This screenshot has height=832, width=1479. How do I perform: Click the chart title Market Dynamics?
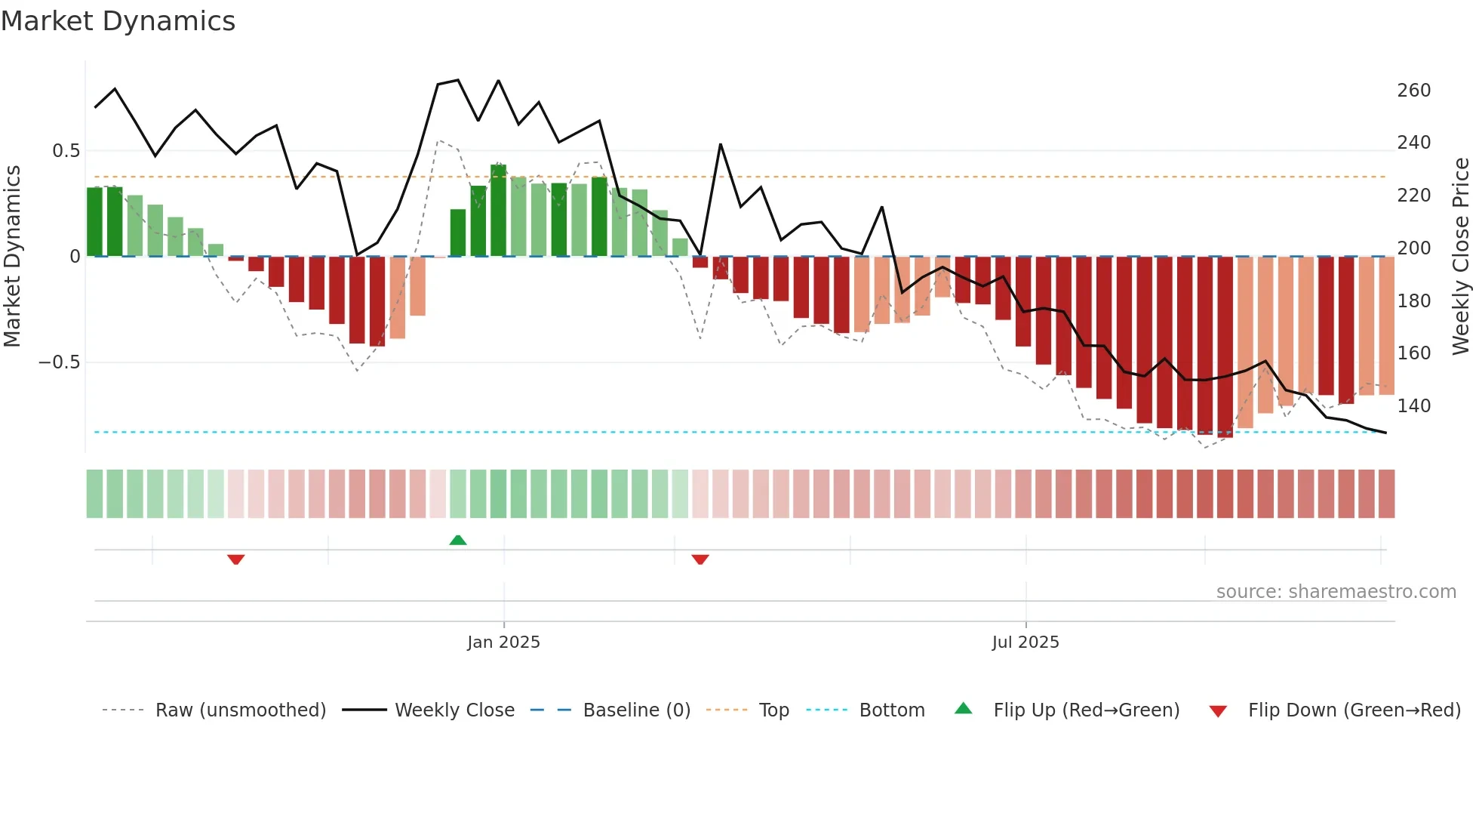(118, 21)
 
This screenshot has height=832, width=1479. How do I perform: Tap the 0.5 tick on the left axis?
(66, 151)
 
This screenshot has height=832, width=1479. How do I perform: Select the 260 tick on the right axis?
(1413, 91)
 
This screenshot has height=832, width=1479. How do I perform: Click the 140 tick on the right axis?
(1413, 406)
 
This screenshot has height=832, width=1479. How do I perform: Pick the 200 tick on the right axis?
(1413, 248)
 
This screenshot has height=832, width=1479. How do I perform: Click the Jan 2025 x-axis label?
(503, 642)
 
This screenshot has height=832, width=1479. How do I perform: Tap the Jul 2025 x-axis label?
(1025, 642)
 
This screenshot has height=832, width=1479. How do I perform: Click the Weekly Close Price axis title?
(1461, 257)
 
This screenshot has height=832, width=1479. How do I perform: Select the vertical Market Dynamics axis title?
(12, 257)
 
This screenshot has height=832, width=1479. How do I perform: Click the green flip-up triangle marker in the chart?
(458, 540)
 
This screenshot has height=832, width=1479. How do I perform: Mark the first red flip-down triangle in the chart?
(235, 559)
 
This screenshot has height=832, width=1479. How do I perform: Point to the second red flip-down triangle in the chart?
(700, 559)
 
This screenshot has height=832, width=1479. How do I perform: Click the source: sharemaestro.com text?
(1336, 592)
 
